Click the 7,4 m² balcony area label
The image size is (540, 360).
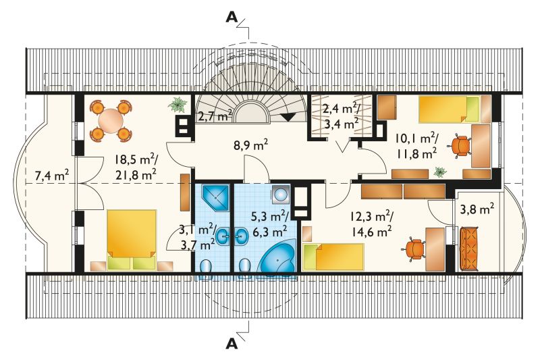[x=52, y=176]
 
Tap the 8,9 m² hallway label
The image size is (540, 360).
[x=250, y=145]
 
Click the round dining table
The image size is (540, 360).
[x=111, y=121]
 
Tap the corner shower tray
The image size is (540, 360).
[x=215, y=197]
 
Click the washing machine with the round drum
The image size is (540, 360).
[x=281, y=195]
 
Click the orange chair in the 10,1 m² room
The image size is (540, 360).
[x=460, y=146]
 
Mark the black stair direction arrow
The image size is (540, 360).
[x=289, y=117]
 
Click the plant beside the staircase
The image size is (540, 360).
[x=178, y=105]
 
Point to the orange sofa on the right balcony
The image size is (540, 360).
[x=468, y=249]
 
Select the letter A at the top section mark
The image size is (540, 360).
[x=232, y=18]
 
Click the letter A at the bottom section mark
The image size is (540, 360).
[x=232, y=344]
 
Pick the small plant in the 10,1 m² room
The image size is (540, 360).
[x=440, y=172]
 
